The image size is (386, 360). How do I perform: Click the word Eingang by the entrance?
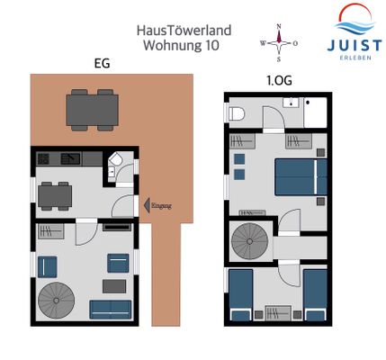161,206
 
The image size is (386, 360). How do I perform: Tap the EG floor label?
103,64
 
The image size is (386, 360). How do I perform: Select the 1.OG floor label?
278,79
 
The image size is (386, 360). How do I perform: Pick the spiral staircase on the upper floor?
249,240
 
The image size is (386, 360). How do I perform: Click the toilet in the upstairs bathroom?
238,114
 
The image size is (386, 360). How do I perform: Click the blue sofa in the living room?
110,308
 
